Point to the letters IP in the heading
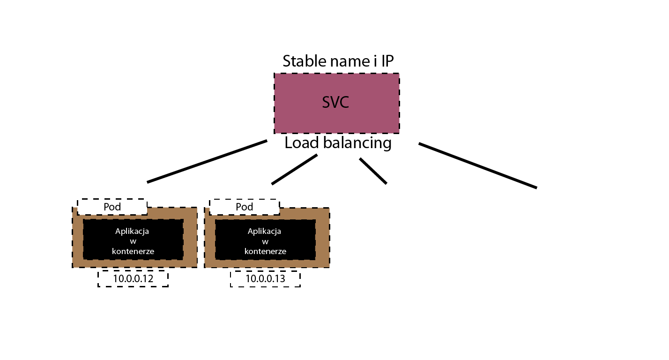click(x=387, y=61)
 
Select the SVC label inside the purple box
click(x=335, y=102)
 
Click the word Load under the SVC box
click(x=302, y=142)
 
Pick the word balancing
click(x=357, y=143)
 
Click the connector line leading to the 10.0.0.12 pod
click(x=207, y=161)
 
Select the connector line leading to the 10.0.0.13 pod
click(x=294, y=169)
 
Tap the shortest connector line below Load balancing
click(x=373, y=171)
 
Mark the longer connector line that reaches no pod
click(x=478, y=166)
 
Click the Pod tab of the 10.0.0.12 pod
click(x=112, y=207)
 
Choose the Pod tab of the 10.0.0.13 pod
click(x=244, y=207)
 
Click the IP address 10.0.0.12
click(x=133, y=279)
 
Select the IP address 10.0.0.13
click(x=266, y=279)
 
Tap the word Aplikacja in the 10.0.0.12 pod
click(x=132, y=232)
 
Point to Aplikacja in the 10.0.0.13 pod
click(x=264, y=232)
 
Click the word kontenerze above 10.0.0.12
click(x=133, y=251)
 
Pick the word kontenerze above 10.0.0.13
click(x=266, y=251)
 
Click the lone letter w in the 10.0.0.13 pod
click(x=265, y=242)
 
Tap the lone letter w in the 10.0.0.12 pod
click(x=133, y=242)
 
